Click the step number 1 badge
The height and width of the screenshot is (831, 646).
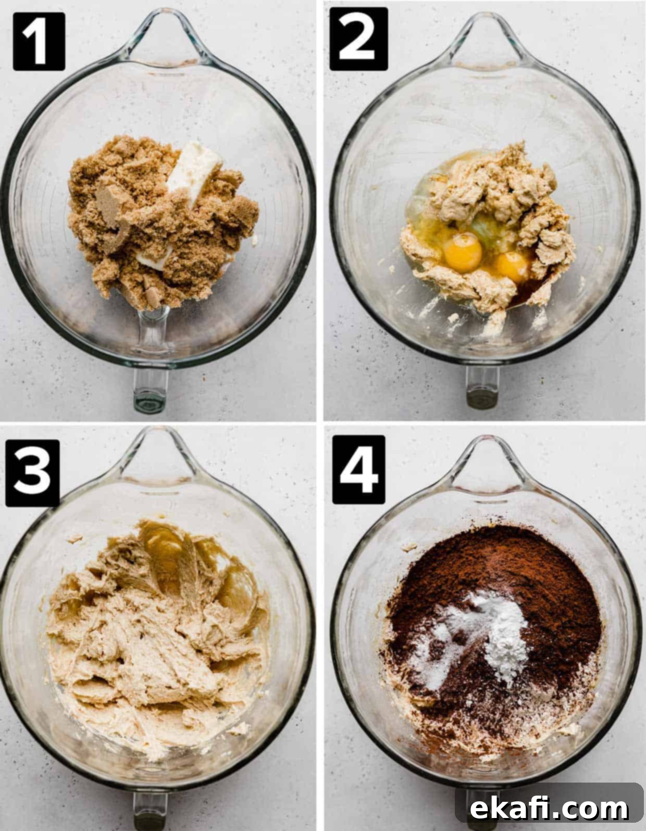[39, 41]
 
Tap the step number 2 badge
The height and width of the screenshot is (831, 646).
[359, 39]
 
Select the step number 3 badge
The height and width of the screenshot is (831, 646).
[32, 473]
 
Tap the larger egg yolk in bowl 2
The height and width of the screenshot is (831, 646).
[463, 252]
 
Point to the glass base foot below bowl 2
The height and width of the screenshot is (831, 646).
[482, 387]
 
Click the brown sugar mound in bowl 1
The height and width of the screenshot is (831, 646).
[160, 222]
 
